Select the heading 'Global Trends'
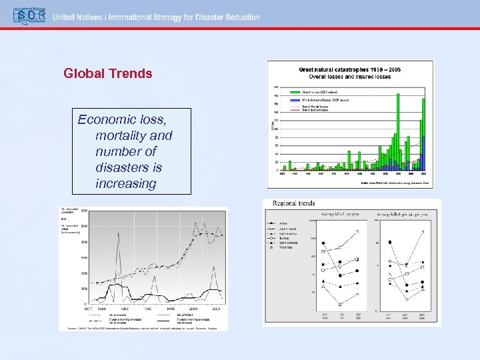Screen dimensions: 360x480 click(x=108, y=73)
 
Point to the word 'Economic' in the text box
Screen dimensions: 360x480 click(x=105, y=119)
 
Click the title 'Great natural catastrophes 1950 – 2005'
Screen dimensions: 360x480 click(x=349, y=69)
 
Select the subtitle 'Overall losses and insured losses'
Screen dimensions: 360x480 click(x=349, y=77)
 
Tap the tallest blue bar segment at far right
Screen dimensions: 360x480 click(x=422, y=161)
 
